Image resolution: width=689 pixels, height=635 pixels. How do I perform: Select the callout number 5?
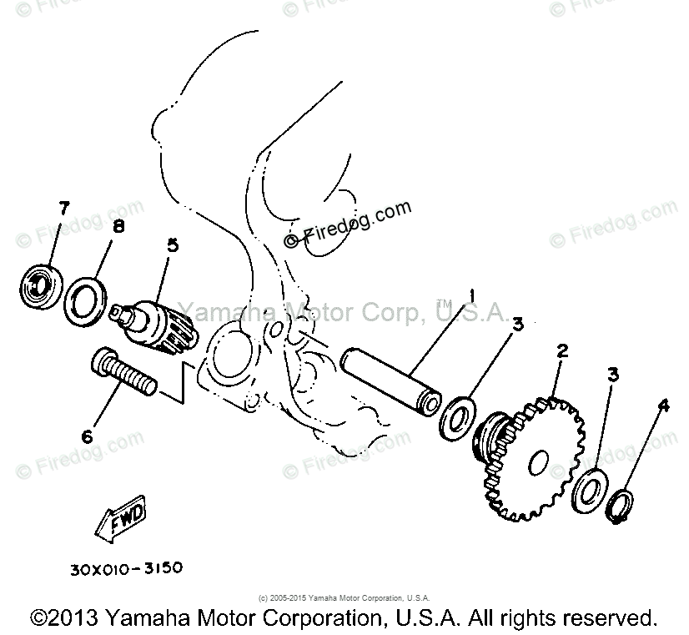[x=173, y=245]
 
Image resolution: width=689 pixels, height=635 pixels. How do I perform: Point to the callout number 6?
[x=88, y=436]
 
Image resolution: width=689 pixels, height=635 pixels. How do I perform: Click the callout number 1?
[x=472, y=294]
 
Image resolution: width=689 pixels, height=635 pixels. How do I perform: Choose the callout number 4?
[x=663, y=407]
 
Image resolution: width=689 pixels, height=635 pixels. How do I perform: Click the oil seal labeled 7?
[x=40, y=285]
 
